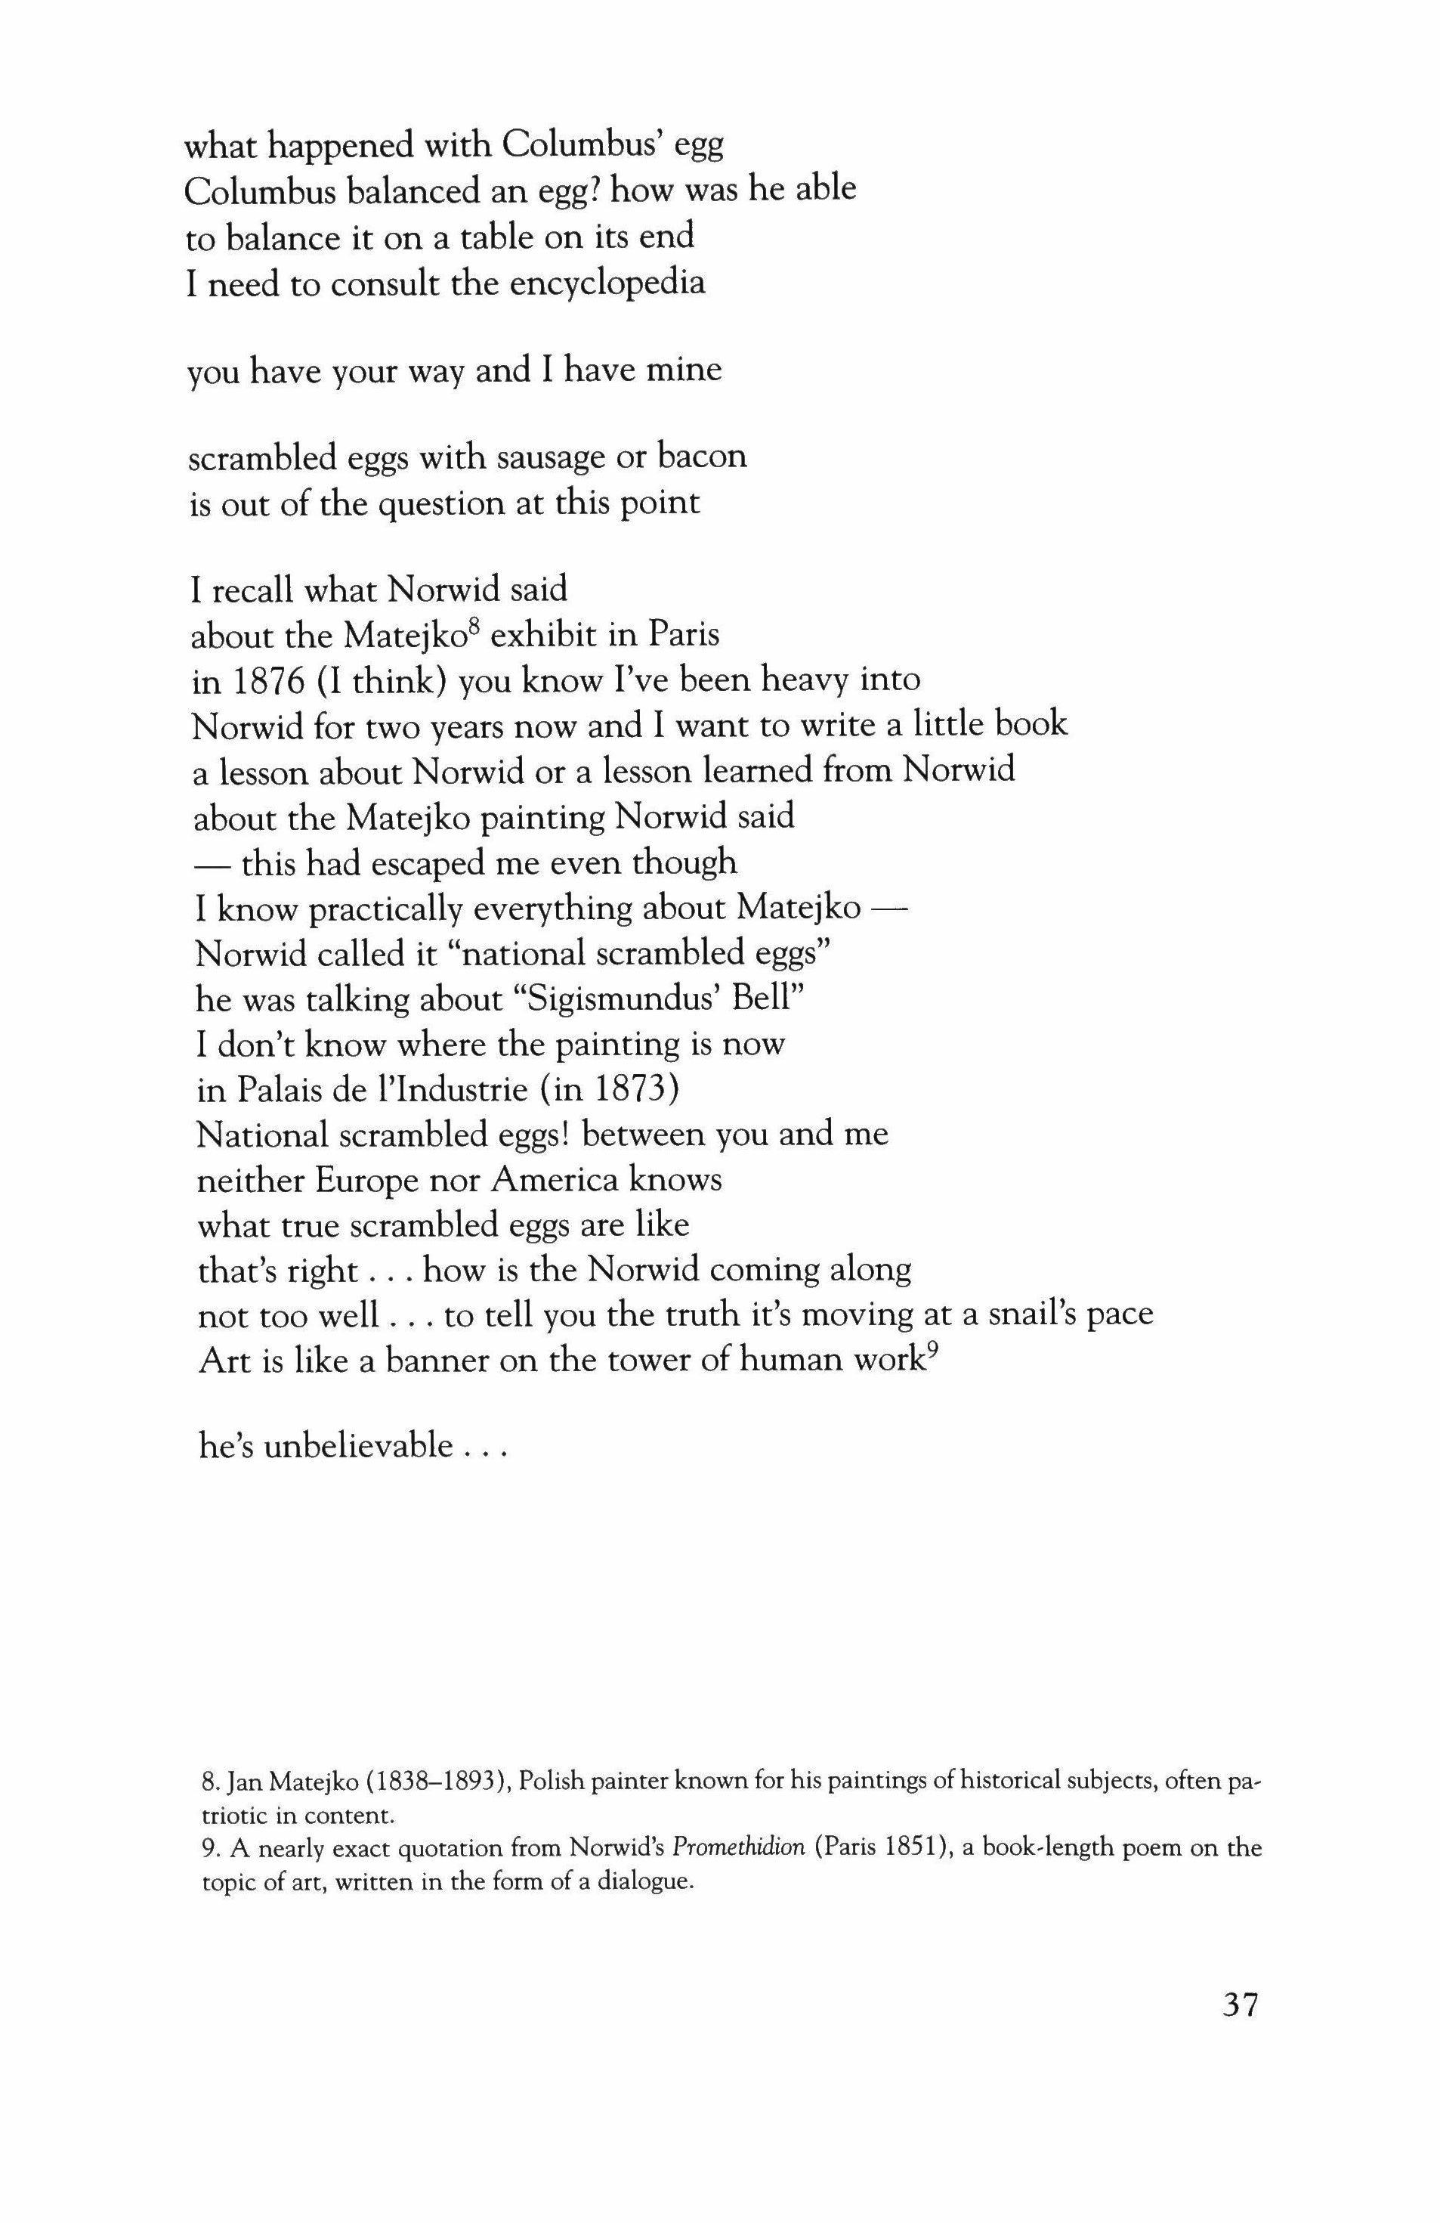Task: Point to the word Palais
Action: pyautogui.click(x=292, y=1089)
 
